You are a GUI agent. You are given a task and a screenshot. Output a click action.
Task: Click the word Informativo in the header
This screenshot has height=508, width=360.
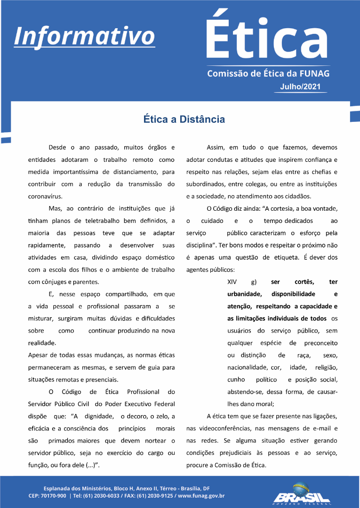click(85, 35)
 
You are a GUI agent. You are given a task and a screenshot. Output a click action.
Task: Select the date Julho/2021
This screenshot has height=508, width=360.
click(300, 87)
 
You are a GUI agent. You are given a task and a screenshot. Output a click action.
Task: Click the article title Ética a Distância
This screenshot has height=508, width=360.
click(184, 119)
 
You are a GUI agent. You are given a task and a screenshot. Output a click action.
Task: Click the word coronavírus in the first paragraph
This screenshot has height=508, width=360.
click(45, 196)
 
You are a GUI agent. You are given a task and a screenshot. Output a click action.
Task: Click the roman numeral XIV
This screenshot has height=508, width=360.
click(232, 282)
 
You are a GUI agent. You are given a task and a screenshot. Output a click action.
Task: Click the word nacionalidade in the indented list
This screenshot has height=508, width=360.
click(247, 367)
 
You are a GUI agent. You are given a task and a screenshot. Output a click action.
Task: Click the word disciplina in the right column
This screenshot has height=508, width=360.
click(201, 245)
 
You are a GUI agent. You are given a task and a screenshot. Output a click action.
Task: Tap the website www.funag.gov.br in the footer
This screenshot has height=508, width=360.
click(201, 496)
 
